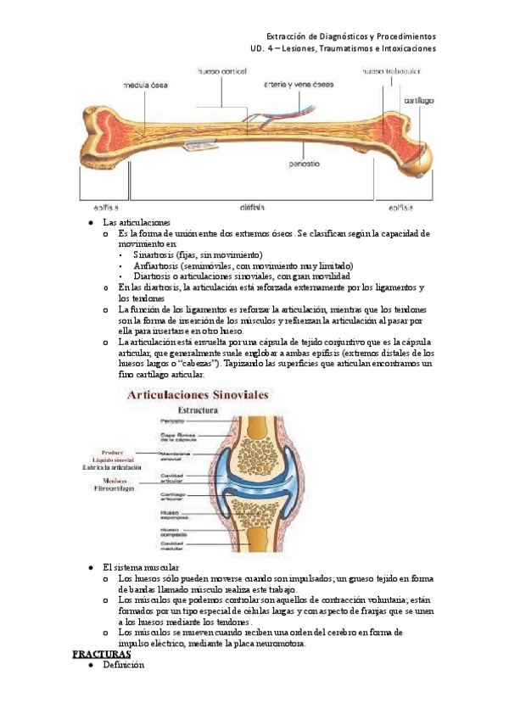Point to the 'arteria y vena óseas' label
point(299,84)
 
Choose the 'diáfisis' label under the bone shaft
point(252,206)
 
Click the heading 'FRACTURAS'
point(101,655)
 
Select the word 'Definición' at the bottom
point(124,666)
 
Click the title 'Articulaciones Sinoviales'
point(198,394)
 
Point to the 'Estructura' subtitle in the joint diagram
point(195,410)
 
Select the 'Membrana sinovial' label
point(177,456)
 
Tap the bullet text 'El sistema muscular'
point(141,566)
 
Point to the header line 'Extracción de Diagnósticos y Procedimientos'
point(350,36)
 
